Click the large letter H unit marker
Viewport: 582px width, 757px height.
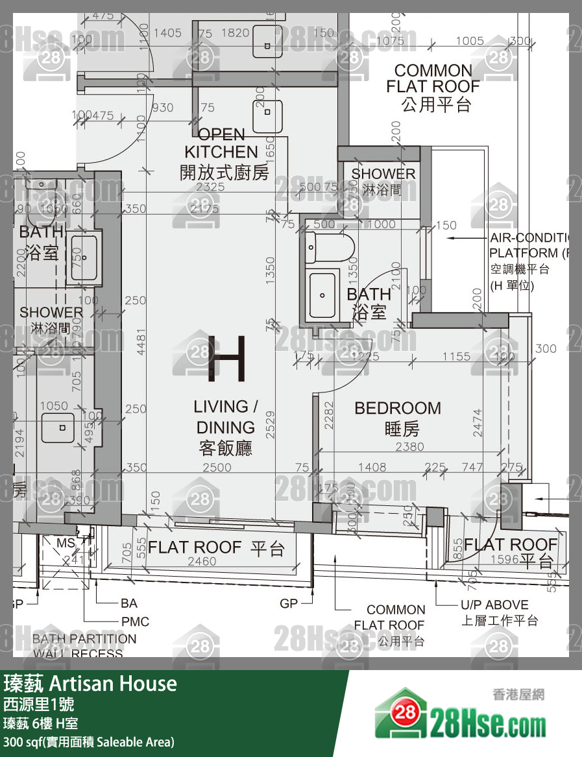tap(226, 358)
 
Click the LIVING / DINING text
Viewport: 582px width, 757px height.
tap(225, 427)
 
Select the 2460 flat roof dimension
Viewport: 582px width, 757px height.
tap(202, 562)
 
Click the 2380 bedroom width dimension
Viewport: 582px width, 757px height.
tap(409, 447)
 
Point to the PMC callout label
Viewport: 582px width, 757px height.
tap(135, 621)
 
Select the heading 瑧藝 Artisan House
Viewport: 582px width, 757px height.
tap(90, 683)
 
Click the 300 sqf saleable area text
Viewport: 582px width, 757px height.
tap(89, 741)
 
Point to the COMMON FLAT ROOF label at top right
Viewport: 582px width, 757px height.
tap(433, 88)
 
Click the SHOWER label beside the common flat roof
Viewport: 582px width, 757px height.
tap(383, 181)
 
